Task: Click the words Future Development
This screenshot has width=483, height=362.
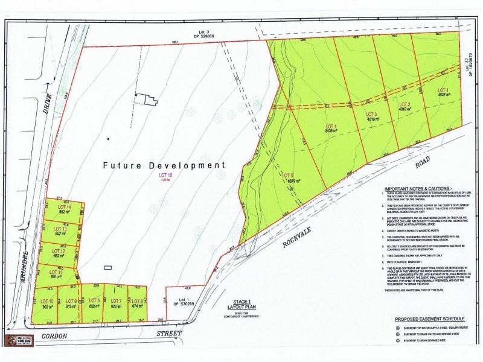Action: coord(163,165)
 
